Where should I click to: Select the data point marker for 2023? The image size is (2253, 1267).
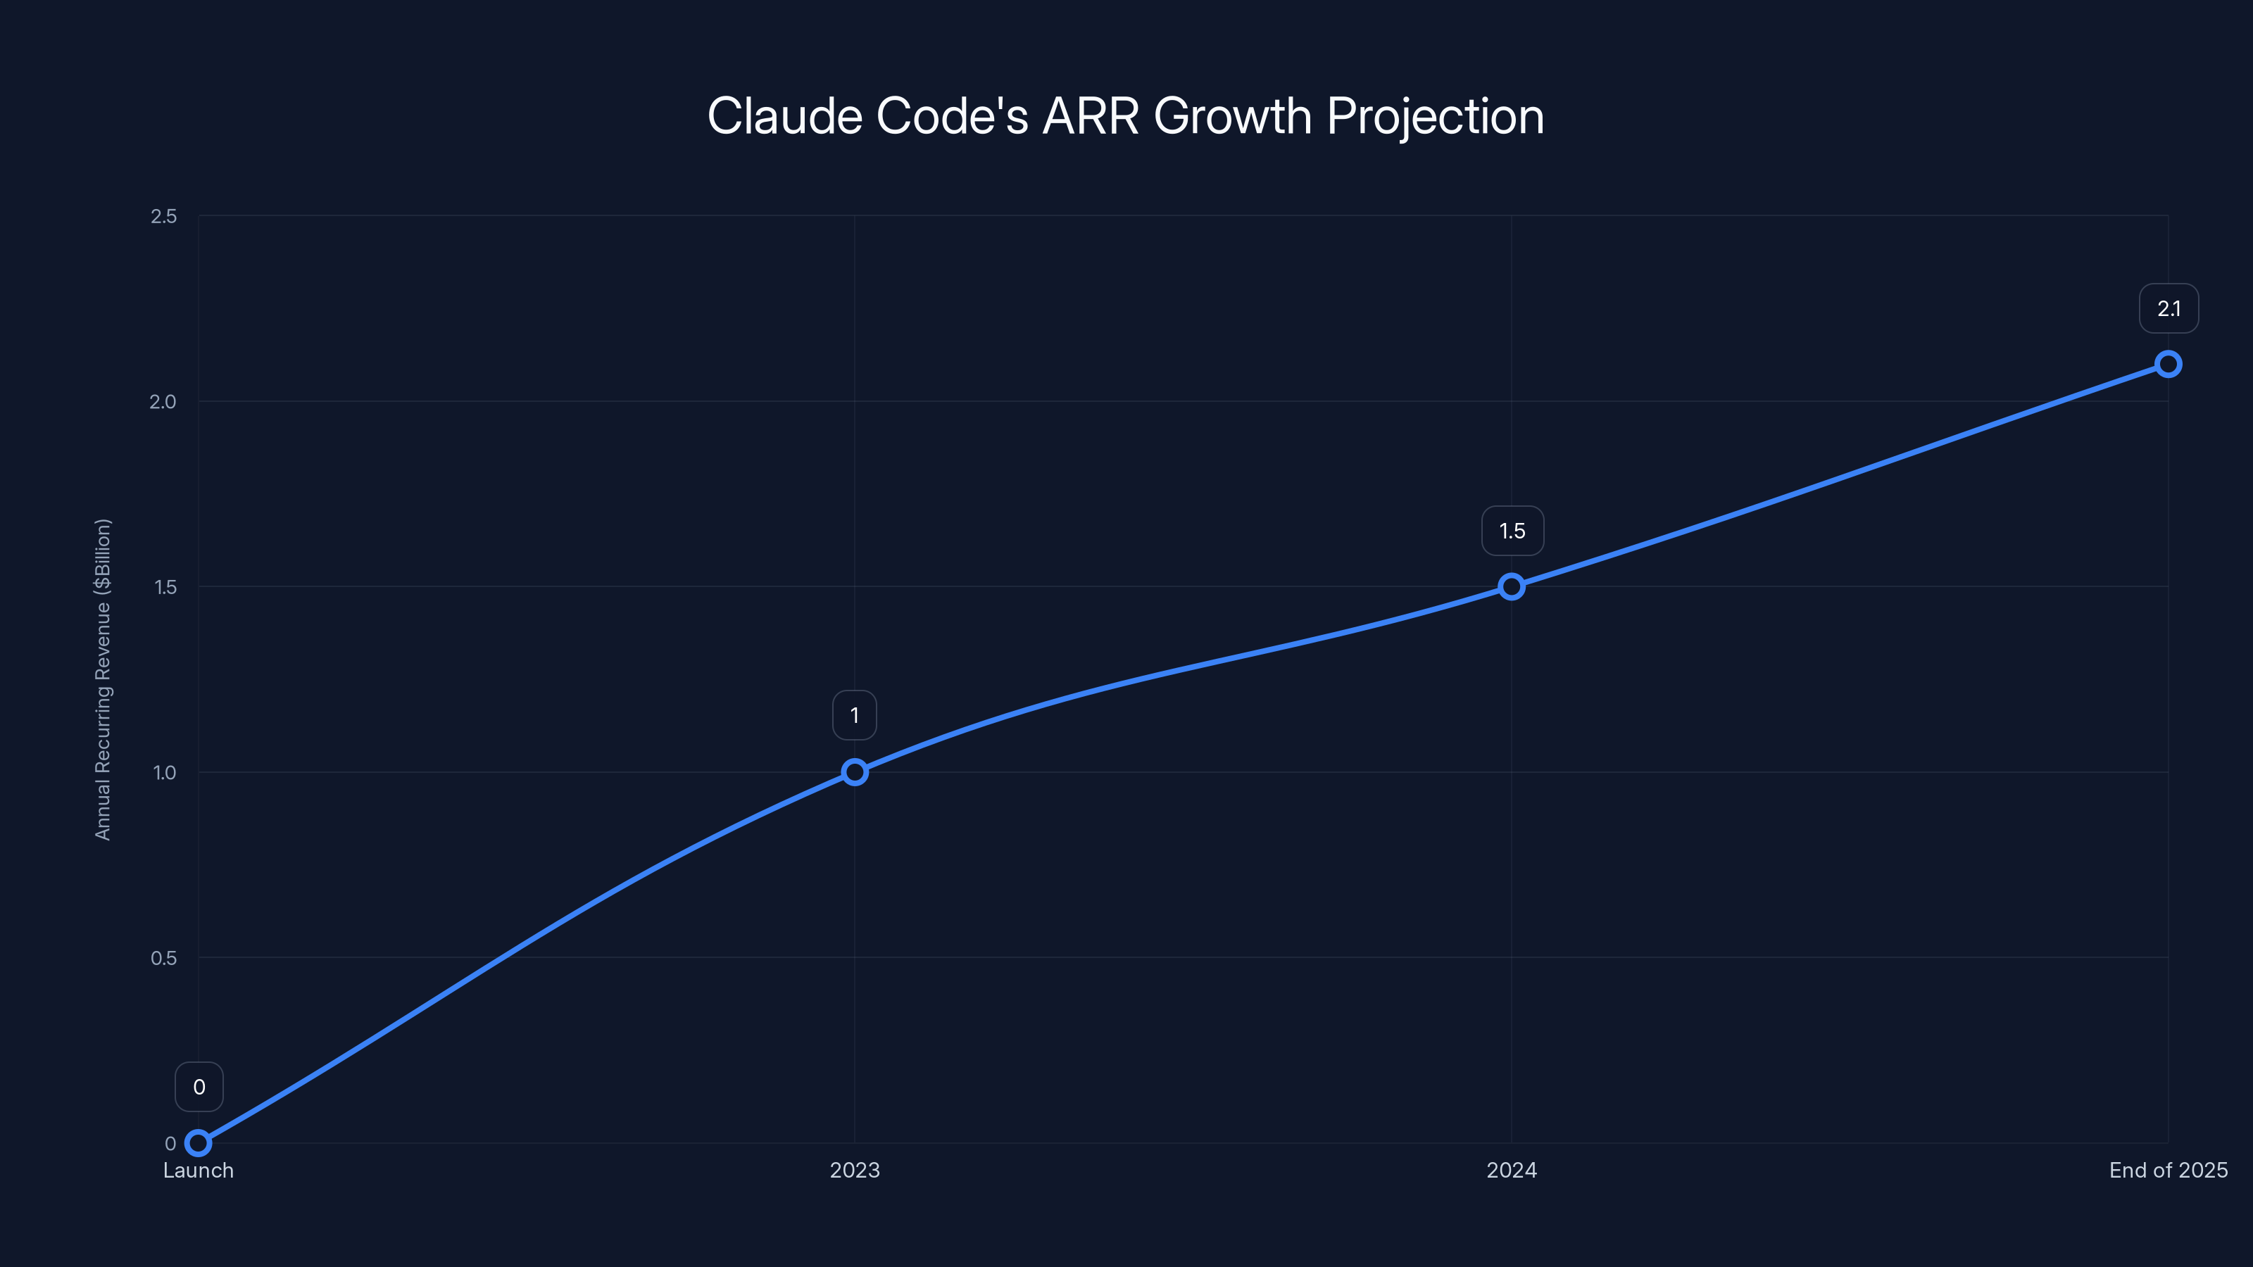(x=855, y=772)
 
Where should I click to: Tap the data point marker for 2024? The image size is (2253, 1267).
(x=1512, y=587)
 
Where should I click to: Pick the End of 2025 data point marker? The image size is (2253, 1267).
(x=2169, y=364)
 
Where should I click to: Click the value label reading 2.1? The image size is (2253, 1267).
(x=2169, y=309)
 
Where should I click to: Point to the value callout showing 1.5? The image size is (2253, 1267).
(x=1512, y=531)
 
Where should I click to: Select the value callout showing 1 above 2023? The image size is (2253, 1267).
(x=855, y=715)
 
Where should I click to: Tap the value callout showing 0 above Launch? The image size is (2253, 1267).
(x=199, y=1087)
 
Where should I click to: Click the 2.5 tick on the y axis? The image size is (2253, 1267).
(x=163, y=216)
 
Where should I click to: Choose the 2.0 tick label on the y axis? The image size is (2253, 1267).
(x=163, y=401)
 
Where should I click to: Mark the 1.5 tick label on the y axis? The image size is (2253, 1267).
(x=165, y=587)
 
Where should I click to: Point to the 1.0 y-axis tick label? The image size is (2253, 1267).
(x=165, y=772)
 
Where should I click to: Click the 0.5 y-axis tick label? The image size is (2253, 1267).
(x=163, y=957)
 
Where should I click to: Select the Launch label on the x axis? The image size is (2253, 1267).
(x=199, y=1170)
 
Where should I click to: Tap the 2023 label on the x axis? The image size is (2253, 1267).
(x=855, y=1170)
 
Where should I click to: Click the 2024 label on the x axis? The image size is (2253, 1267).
(x=1512, y=1170)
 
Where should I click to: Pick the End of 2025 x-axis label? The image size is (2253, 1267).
(x=2169, y=1170)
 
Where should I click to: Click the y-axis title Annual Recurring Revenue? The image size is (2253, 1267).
(x=103, y=679)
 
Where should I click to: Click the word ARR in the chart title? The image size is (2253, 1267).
(x=1091, y=115)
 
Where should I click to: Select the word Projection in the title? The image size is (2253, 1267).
(x=1436, y=117)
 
